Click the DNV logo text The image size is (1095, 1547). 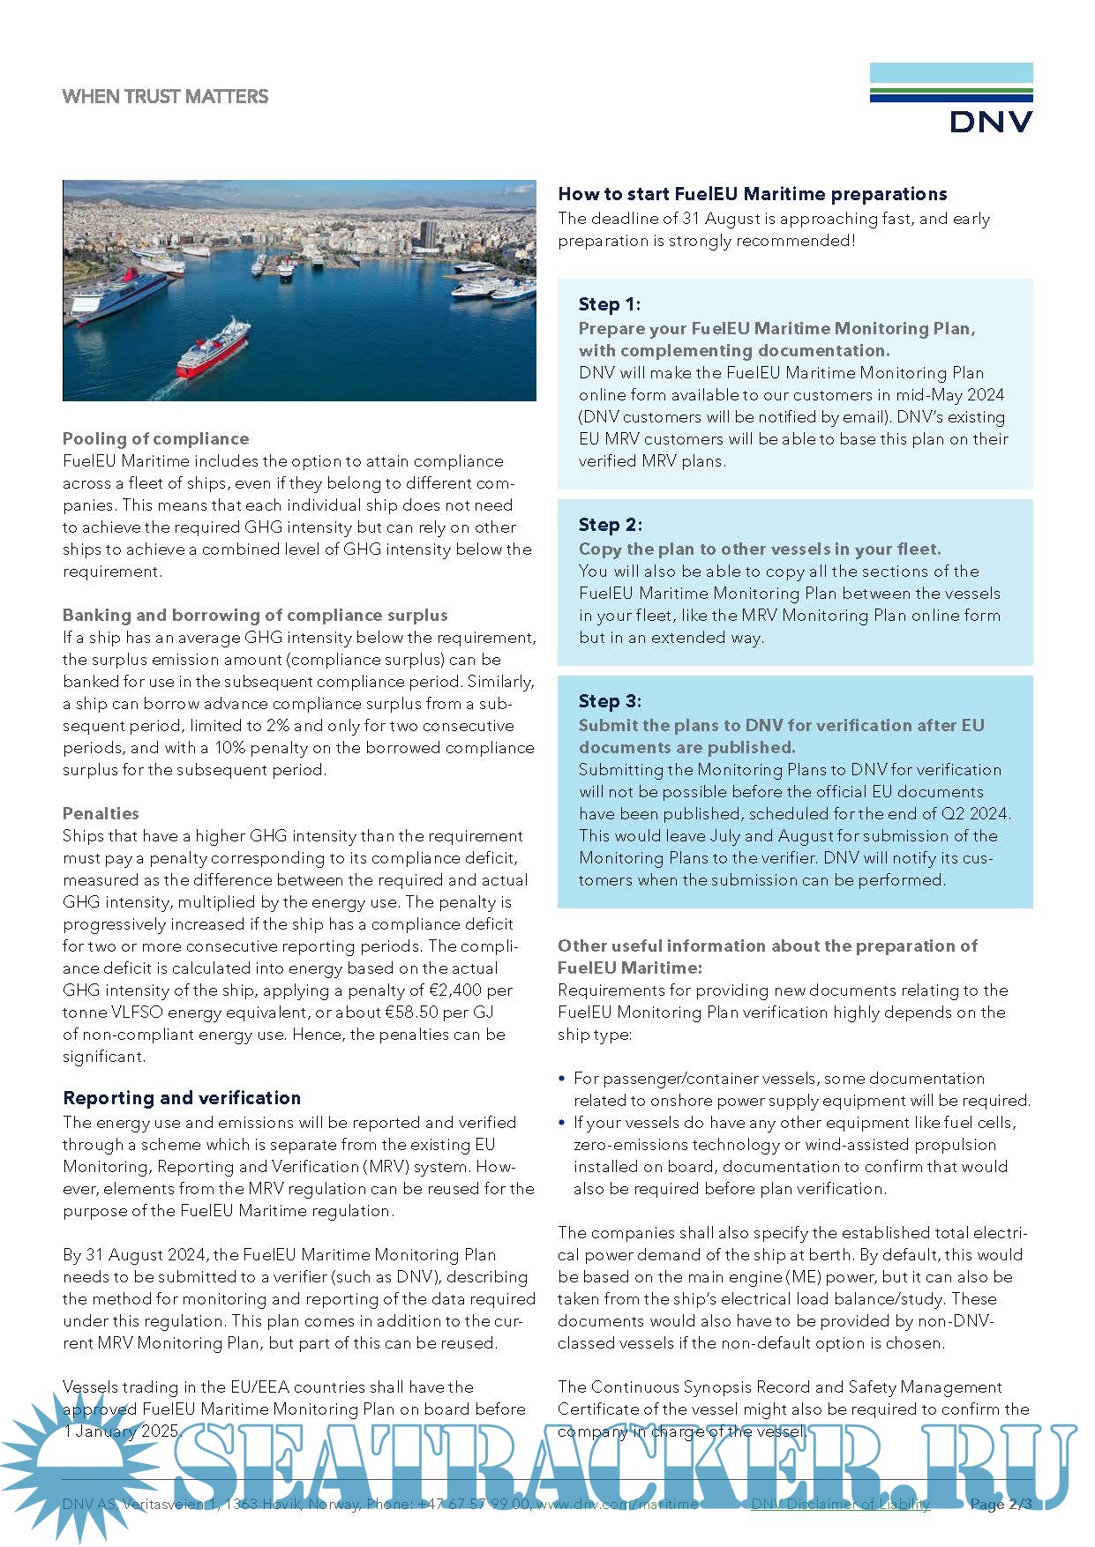click(x=991, y=121)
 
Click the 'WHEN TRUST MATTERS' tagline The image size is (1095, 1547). click(x=165, y=97)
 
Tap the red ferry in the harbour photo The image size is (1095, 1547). click(x=214, y=350)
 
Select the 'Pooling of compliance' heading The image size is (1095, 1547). click(x=155, y=438)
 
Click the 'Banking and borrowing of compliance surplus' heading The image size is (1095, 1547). click(x=255, y=615)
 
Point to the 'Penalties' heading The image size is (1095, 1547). click(x=101, y=813)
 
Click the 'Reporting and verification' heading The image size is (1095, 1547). click(x=182, y=1098)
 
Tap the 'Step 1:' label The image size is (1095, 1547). click(x=609, y=304)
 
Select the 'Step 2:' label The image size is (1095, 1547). click(x=610, y=525)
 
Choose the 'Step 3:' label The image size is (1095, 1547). click(x=610, y=701)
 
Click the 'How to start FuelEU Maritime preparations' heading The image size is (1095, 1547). click(x=752, y=194)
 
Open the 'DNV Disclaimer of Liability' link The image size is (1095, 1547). click(x=840, y=1505)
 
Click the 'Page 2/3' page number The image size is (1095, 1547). click(x=1000, y=1505)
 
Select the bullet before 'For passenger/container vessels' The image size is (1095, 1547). click(x=562, y=1079)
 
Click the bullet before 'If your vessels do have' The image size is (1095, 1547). click(x=562, y=1123)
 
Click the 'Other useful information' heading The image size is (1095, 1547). click(x=767, y=946)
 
